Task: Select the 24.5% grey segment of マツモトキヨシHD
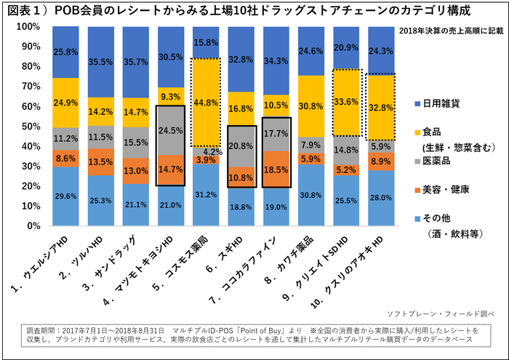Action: (x=172, y=130)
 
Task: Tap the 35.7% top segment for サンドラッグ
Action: (x=137, y=62)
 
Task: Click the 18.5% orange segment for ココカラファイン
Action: (x=277, y=169)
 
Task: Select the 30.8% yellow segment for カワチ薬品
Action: (x=312, y=106)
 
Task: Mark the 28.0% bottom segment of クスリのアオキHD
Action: (x=382, y=197)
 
